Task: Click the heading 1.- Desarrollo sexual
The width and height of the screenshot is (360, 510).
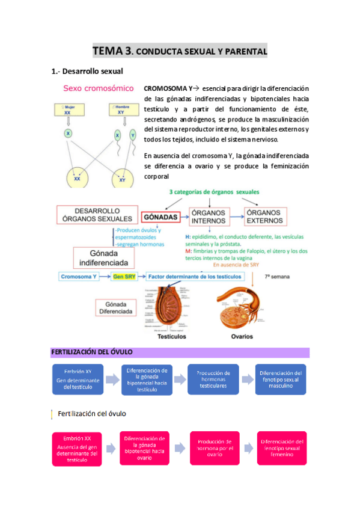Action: tap(87, 72)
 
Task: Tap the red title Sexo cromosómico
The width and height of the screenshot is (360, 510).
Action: tap(99, 88)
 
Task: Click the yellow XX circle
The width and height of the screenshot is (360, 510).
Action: tap(77, 179)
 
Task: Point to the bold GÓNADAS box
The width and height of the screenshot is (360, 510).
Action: tap(160, 216)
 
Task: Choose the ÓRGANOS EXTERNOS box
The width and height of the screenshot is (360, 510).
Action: tap(266, 217)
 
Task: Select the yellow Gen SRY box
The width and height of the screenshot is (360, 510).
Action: tap(124, 277)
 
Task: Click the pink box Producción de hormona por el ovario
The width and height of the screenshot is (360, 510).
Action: tap(215, 448)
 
